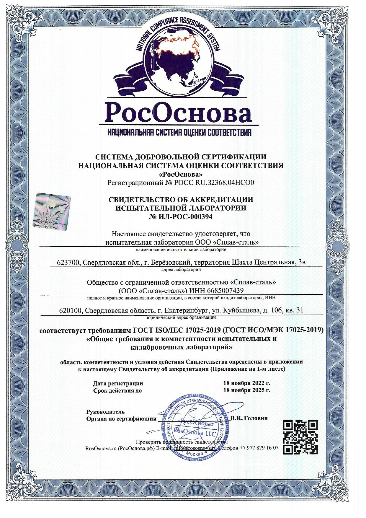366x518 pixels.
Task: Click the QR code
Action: coord(300,438)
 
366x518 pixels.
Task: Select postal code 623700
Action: coord(68,262)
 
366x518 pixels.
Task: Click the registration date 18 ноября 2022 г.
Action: coord(246,383)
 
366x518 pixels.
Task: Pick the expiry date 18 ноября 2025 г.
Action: coord(246,390)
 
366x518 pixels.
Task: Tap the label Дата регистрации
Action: coord(118,383)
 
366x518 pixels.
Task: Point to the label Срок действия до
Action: coord(117,390)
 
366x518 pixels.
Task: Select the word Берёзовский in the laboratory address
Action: coord(172,262)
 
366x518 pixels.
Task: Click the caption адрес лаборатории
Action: coord(182,269)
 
